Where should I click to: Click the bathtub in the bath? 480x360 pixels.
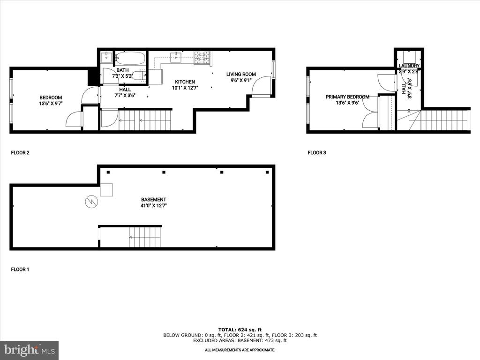pyautogui.click(x=130, y=58)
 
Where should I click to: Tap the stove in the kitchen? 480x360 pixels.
pyautogui.click(x=202, y=58)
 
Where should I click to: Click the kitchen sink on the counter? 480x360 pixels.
pyautogui.click(x=176, y=57)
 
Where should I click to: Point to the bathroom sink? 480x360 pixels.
pyautogui.click(x=106, y=57)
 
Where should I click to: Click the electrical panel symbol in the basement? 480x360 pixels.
pyautogui.click(x=91, y=202)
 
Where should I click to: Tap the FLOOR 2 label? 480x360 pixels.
pyautogui.click(x=20, y=152)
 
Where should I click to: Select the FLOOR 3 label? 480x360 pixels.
pyautogui.click(x=317, y=152)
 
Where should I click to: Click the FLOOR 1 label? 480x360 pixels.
pyautogui.click(x=20, y=270)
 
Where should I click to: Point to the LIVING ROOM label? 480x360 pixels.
pyautogui.click(x=241, y=74)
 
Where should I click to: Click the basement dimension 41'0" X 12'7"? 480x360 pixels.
pyautogui.click(x=154, y=206)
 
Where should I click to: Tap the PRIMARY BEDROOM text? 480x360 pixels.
pyautogui.click(x=347, y=97)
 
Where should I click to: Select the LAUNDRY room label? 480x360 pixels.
pyautogui.click(x=409, y=66)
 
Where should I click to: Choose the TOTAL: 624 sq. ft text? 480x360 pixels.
pyautogui.click(x=240, y=330)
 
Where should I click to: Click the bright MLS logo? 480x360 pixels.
pyautogui.click(x=30, y=350)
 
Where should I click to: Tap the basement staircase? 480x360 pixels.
pyautogui.click(x=145, y=237)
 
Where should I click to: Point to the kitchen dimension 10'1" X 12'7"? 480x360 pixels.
pyautogui.click(x=185, y=88)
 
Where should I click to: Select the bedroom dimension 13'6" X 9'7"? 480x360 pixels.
pyautogui.click(x=51, y=104)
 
